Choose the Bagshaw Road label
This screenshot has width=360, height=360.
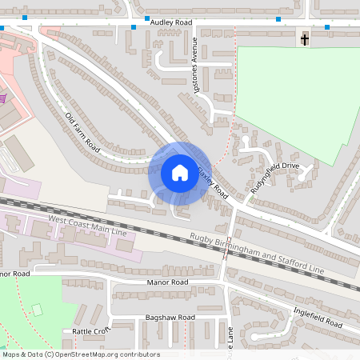coord(170,318)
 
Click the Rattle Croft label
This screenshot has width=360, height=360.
coord(90,330)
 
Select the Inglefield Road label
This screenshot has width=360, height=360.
coord(317,318)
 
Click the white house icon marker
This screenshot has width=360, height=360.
coord(179,173)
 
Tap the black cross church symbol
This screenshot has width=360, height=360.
coord(304,38)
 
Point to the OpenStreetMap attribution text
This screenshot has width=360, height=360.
coord(80,354)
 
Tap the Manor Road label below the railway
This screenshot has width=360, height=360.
coord(168,282)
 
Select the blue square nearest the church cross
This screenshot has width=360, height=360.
coord(327,27)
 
